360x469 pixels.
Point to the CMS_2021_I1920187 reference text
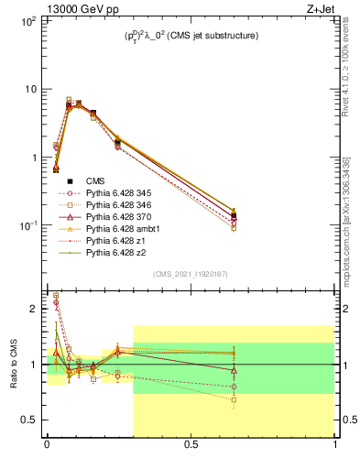click(x=191, y=274)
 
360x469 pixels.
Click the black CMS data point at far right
click(x=234, y=216)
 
